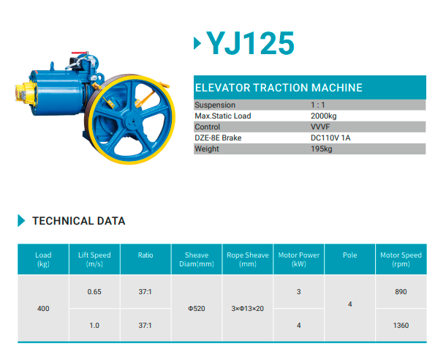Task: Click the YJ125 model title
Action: (x=250, y=43)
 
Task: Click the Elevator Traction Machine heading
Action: (x=279, y=88)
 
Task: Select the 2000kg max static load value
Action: (x=323, y=116)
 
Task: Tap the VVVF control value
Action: (x=320, y=127)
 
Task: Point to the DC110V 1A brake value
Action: (x=330, y=138)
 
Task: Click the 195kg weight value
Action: (x=322, y=149)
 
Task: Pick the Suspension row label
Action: (x=215, y=105)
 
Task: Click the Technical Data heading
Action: (x=79, y=221)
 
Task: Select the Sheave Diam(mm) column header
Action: (x=197, y=259)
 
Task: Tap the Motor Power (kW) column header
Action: (x=298, y=259)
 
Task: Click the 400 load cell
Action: (x=43, y=309)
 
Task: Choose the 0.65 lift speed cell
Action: (x=94, y=292)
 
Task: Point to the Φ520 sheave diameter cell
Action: (x=197, y=309)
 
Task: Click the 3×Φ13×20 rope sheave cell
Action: (x=247, y=309)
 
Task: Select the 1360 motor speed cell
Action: (x=401, y=326)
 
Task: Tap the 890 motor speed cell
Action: (x=401, y=292)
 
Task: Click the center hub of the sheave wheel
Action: (x=132, y=121)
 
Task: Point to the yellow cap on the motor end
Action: (x=25, y=91)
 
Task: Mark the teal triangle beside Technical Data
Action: (x=21, y=220)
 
